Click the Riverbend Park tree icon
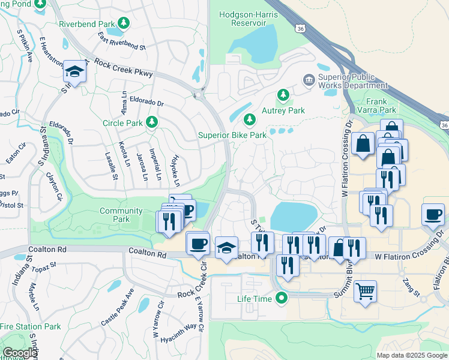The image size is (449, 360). click(x=123, y=23)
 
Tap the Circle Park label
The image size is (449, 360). click(x=121, y=123)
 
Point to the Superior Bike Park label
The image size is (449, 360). click(x=232, y=135)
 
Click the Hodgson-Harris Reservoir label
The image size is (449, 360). click(x=250, y=18)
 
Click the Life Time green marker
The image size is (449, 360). click(x=280, y=298)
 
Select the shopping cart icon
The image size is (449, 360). click(x=365, y=292)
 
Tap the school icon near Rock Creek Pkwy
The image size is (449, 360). click(x=74, y=72)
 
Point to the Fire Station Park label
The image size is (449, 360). click(x=31, y=326)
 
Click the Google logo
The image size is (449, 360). click(x=20, y=353)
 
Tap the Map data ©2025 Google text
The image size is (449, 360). click(x=411, y=355)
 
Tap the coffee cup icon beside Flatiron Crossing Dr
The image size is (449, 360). click(x=433, y=214)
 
